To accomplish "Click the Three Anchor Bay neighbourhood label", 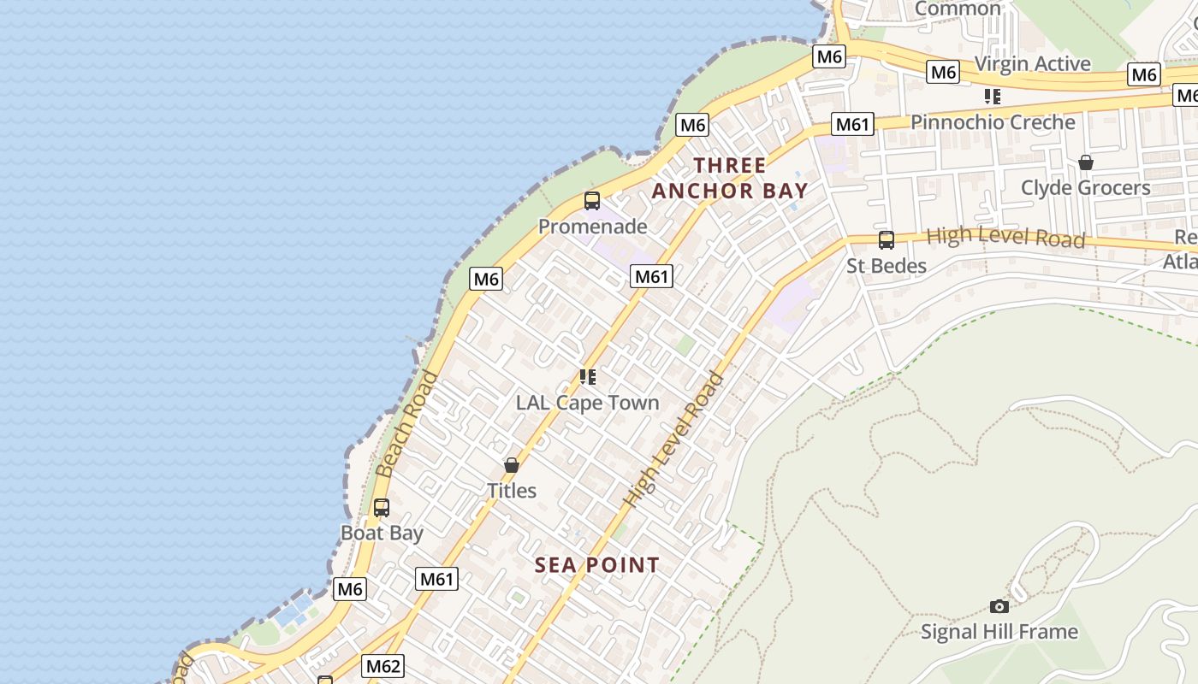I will [730, 178].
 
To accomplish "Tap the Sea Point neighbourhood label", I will [596, 565].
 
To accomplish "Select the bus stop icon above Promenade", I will [591, 202].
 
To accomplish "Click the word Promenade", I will [592, 227].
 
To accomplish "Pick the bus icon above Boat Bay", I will [382, 508].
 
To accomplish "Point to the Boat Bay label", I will [382, 533].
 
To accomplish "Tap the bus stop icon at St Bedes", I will [887, 240].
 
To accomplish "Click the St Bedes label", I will [887, 266].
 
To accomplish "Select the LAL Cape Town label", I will [587, 403].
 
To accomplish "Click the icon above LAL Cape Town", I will [587, 377].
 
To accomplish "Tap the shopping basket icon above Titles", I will [512, 465].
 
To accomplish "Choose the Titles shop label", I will [512, 491].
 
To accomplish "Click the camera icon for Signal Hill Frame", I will [999, 606].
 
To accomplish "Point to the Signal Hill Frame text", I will [999, 632].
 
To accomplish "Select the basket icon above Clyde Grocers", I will [1085, 162].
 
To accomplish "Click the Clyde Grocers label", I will [1085, 187].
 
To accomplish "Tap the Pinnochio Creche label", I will [993, 122].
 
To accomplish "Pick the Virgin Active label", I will [1032, 64].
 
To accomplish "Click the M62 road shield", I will [383, 666].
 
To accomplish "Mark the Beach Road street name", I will [407, 424].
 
